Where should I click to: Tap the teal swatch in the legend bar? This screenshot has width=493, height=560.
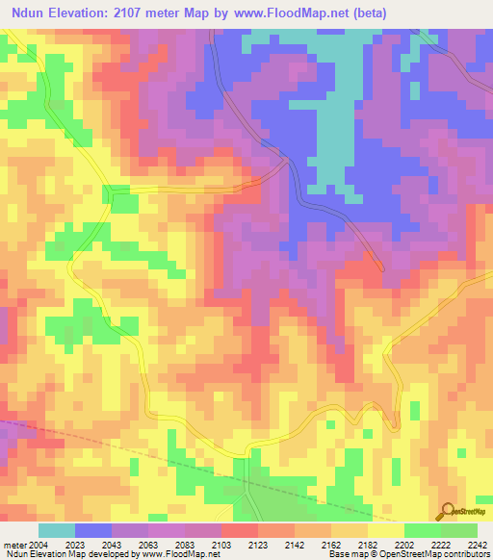click(x=56, y=531)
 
